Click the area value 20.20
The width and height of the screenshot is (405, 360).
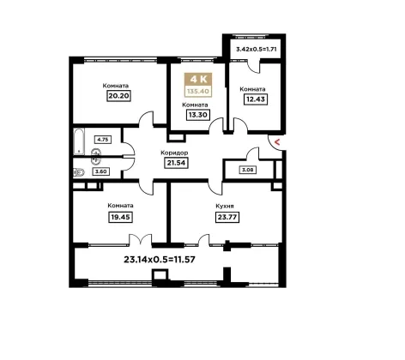[119, 96]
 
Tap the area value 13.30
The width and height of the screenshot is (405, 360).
[197, 115]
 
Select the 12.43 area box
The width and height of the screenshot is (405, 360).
[256, 99]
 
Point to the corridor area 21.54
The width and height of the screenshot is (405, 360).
[176, 163]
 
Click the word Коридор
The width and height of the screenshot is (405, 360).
[174, 153]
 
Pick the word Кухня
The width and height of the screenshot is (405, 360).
[225, 206]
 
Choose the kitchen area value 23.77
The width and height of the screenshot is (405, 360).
[227, 217]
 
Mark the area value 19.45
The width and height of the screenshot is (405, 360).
[120, 217]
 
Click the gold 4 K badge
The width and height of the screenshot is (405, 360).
[198, 79]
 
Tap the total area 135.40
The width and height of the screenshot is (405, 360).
[198, 92]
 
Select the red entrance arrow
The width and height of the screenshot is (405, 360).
[277, 141]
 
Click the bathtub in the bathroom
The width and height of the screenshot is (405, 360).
[78, 141]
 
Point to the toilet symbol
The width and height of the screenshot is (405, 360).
[79, 172]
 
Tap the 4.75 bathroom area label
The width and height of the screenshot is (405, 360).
[103, 140]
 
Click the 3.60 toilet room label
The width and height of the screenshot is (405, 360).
[100, 171]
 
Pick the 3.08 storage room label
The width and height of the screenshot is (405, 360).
[248, 170]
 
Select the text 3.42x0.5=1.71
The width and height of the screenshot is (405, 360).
[257, 49]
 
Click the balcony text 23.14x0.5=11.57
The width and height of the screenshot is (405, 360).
[160, 260]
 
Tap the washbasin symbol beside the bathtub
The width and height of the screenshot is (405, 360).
[96, 156]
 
